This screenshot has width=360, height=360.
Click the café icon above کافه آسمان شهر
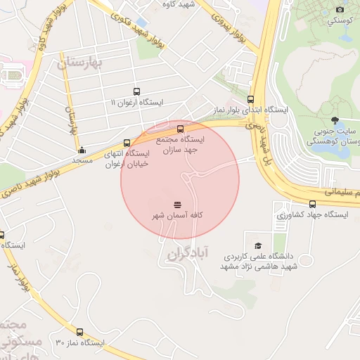[x=176, y=203]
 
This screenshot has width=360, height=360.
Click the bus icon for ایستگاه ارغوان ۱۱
[x=136, y=91]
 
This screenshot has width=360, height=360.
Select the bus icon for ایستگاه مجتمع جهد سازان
[x=181, y=129]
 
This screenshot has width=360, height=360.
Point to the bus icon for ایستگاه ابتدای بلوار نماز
[x=251, y=99]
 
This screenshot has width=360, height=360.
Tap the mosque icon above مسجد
[x=82, y=149]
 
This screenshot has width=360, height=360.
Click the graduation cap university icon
[x=259, y=245]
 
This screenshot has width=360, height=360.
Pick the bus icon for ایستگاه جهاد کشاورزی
[x=311, y=204]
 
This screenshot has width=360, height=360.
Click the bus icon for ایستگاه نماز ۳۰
[x=79, y=331]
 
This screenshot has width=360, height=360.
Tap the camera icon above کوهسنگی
[x=340, y=9]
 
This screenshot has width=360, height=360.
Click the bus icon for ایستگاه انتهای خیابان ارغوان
[x=127, y=142]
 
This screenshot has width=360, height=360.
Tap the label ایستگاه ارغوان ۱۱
[x=136, y=103]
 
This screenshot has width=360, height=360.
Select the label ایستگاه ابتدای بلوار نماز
[x=250, y=110]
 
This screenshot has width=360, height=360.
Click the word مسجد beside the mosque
[x=82, y=160]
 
